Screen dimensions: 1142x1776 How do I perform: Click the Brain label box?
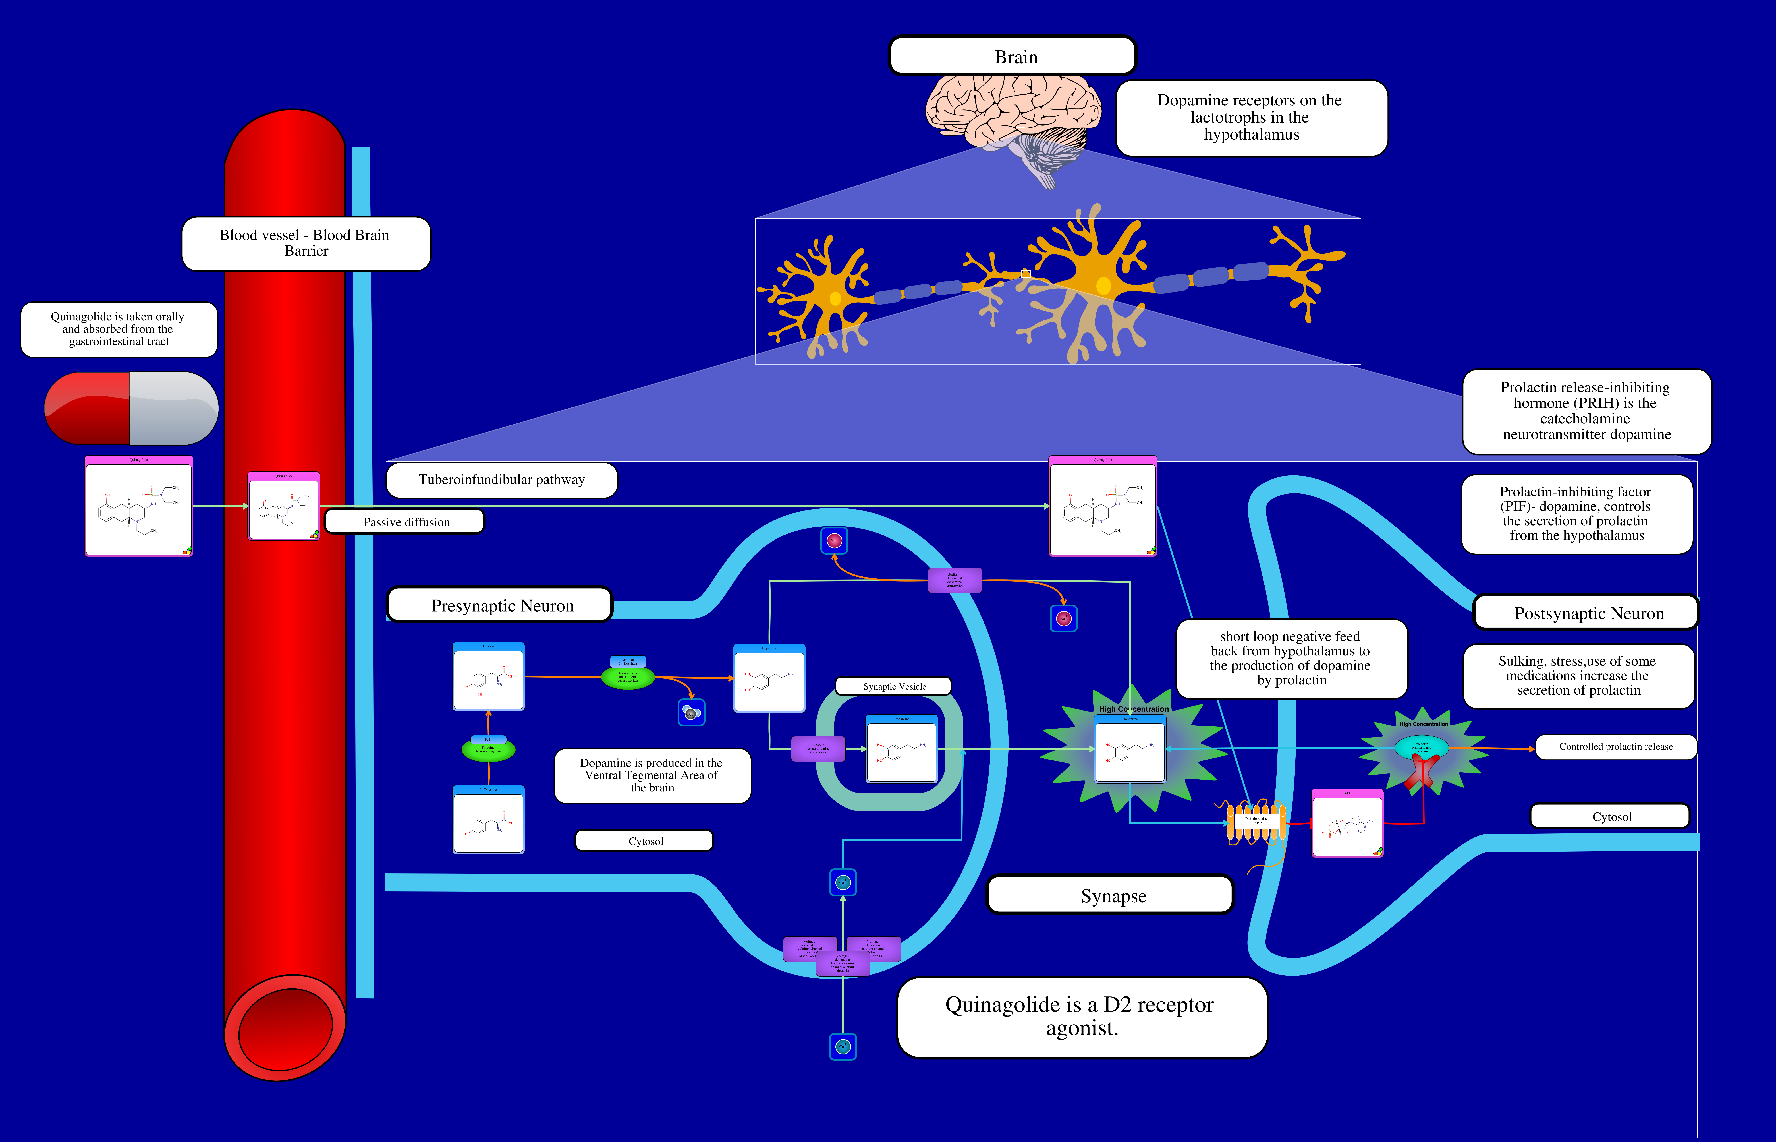tap(1013, 56)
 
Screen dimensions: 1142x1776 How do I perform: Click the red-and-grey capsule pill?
tap(131, 408)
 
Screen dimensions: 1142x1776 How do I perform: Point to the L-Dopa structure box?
tap(488, 677)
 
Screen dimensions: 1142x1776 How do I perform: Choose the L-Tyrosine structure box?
tap(488, 820)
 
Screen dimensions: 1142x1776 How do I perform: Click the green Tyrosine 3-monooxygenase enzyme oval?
tap(488, 750)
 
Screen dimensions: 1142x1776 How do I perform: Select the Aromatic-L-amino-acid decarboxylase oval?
tap(628, 677)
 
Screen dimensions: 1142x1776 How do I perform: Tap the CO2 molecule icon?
tap(691, 713)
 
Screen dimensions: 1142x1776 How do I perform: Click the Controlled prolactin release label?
tap(1616, 747)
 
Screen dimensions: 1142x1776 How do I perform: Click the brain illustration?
tap(1016, 122)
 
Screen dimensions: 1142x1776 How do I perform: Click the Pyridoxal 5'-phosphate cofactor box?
tap(628, 661)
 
